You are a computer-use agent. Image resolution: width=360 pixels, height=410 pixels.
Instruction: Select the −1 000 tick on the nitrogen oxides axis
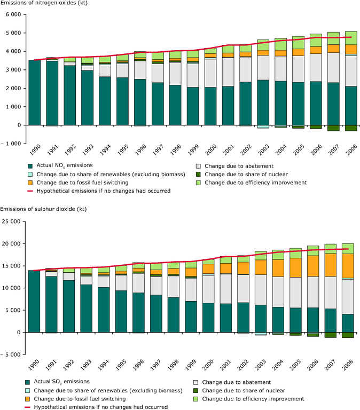tap(11, 144)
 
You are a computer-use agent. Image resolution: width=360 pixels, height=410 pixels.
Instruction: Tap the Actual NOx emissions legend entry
tap(66, 166)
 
